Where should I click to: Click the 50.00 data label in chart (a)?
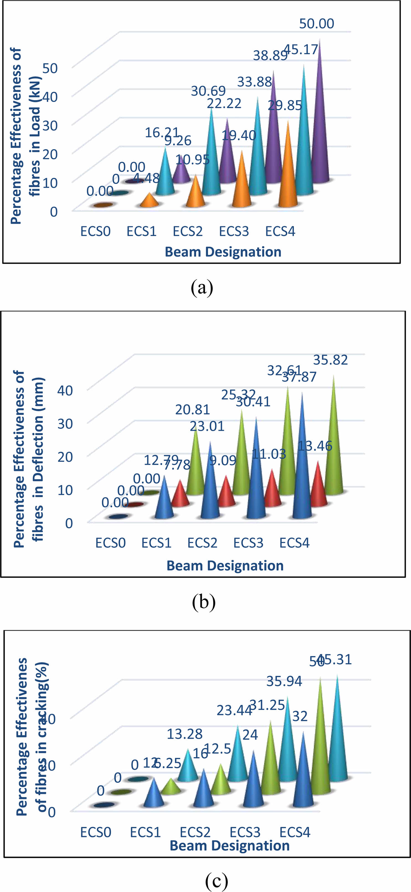click(x=317, y=24)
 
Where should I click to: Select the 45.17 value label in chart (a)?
click(x=301, y=50)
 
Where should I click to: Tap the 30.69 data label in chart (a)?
click(x=208, y=91)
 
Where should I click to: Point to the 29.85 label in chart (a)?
click(x=285, y=105)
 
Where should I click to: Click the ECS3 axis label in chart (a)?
click(x=234, y=231)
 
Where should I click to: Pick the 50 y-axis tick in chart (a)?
click(x=50, y=68)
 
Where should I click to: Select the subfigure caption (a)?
click(x=202, y=287)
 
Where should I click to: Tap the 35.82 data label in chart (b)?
click(x=330, y=360)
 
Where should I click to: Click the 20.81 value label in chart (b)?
click(x=193, y=410)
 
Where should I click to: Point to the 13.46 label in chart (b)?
click(x=315, y=446)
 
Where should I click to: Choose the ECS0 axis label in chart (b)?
click(x=110, y=543)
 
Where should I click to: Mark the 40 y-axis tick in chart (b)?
click(x=65, y=390)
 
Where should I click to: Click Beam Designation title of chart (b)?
click(x=225, y=565)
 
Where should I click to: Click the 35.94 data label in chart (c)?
click(x=284, y=681)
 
